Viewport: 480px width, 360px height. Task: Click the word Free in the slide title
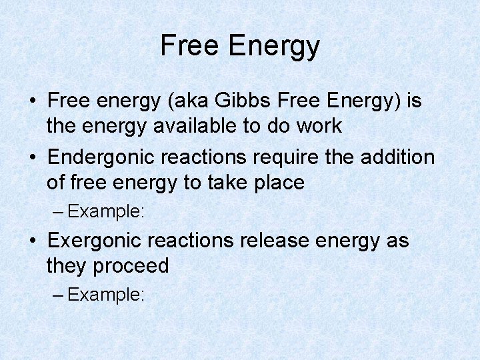click(189, 45)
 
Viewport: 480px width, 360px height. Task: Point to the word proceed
click(131, 266)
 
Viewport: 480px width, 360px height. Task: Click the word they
click(67, 265)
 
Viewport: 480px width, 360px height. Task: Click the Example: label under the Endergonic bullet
click(106, 212)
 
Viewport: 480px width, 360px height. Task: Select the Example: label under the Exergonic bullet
click(106, 295)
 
